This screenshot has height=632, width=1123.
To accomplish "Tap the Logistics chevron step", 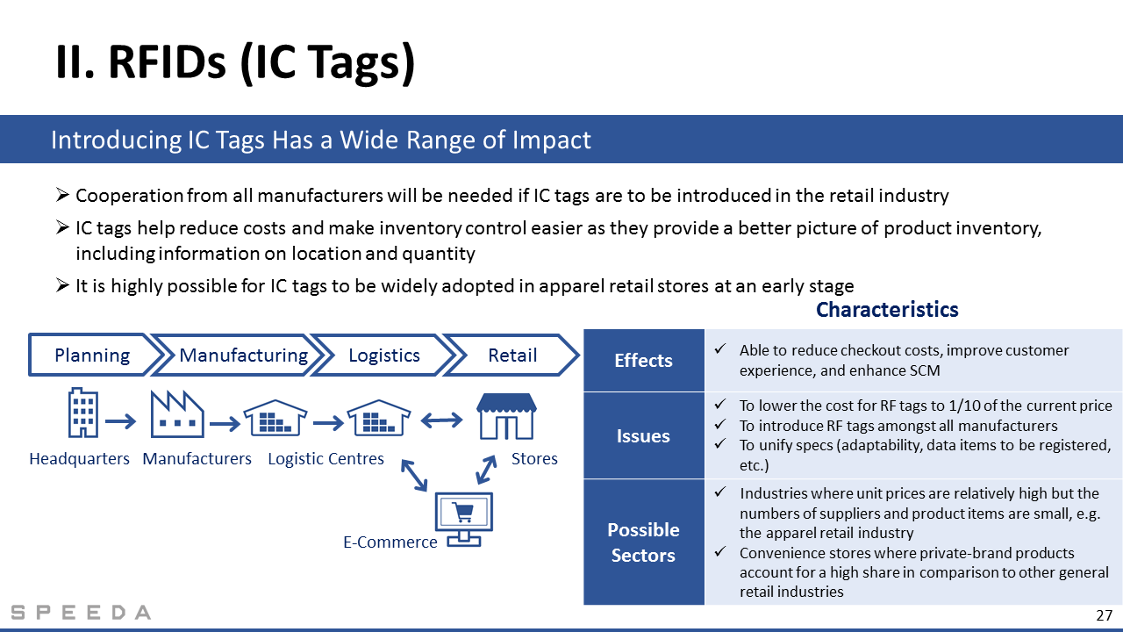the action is coord(384,355).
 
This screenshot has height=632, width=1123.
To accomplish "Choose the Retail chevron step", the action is coord(512,355).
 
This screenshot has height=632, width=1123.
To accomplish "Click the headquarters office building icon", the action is coord(82,413).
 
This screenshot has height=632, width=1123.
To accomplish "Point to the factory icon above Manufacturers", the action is coord(177,413).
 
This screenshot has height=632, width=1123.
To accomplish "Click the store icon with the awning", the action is coord(506,416).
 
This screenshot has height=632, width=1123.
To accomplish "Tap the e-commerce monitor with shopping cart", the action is coord(464,519).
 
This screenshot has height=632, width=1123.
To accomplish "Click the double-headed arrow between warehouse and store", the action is coord(441,420).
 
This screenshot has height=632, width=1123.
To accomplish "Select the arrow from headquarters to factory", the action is coord(120,421).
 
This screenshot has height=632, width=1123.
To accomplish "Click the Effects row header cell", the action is coord(644,360).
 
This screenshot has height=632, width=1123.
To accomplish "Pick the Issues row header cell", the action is coord(644,435).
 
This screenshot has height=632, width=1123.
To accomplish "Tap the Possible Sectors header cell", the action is coord(644,542).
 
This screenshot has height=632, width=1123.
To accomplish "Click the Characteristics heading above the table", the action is coord(887,310).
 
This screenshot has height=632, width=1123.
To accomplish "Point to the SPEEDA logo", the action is coord(81,613).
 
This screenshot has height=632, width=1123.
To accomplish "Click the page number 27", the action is coord(1105,615).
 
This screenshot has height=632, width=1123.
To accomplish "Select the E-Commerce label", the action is coord(390,542).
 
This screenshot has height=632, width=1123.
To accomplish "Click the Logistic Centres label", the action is coord(325,458).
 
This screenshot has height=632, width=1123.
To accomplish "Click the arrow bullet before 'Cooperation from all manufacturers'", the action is coord(62,195).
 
